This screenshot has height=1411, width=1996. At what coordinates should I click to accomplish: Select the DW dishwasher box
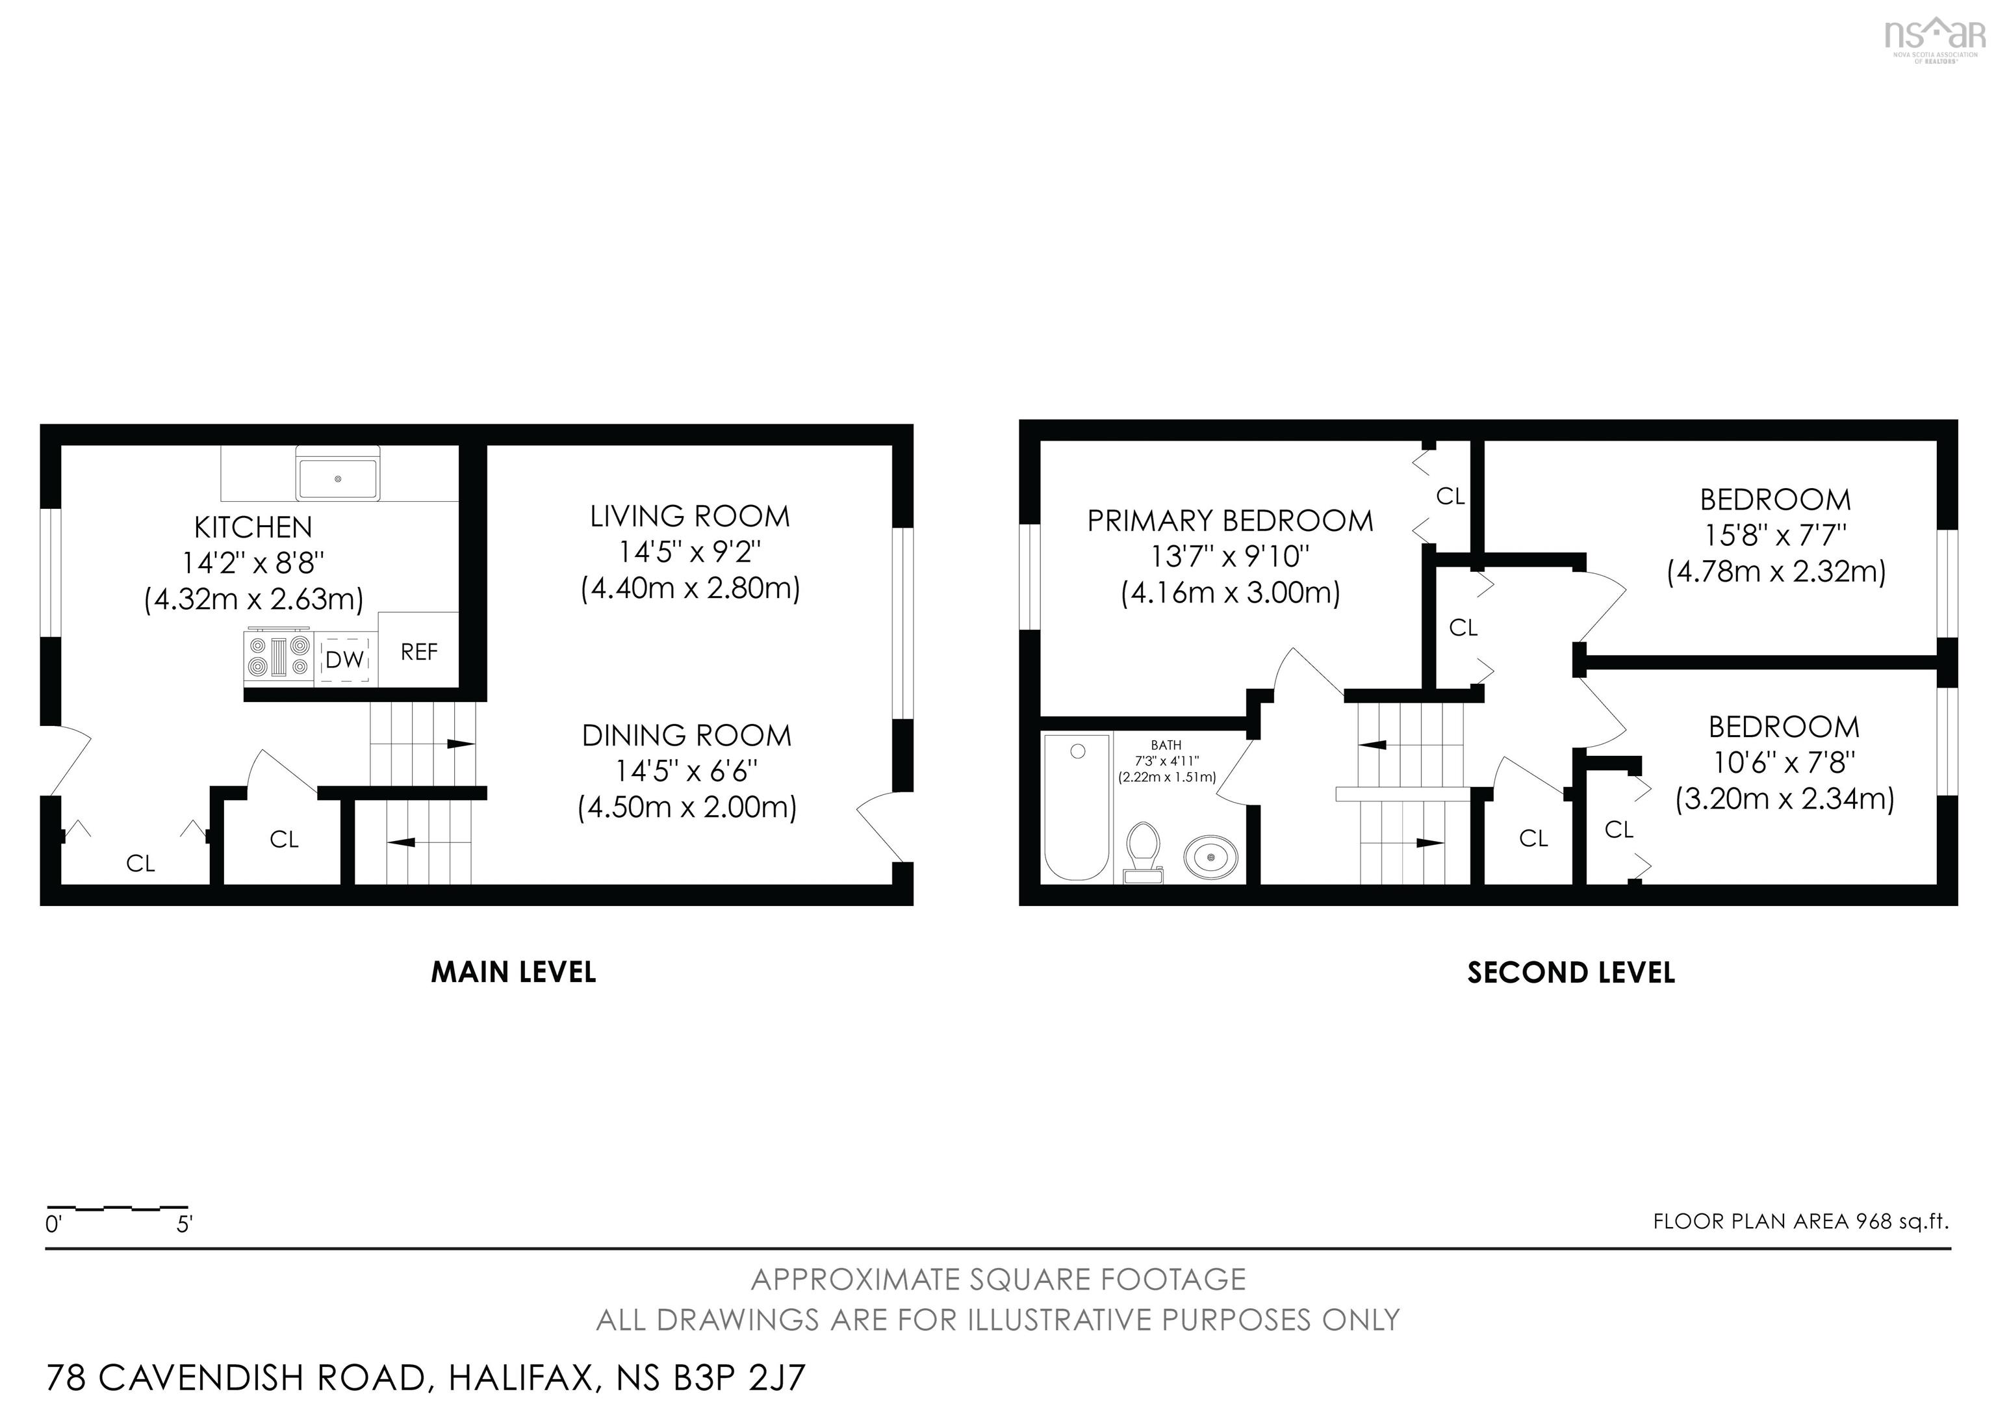345,659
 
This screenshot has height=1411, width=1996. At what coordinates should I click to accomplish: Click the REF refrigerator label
419,652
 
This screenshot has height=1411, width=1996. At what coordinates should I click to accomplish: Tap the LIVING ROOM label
690,517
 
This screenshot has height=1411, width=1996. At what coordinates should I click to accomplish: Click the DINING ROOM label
687,736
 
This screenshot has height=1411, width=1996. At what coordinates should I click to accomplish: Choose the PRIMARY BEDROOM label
1230,521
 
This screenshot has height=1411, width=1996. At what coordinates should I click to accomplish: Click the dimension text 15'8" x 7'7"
1774,535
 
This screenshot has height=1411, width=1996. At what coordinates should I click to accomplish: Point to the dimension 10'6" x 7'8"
1784,762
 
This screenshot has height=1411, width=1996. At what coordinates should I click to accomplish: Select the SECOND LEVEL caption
1571,972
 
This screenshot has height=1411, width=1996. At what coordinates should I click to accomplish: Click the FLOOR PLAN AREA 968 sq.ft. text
1800,1221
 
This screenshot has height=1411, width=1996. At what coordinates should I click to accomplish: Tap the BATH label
1166,745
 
